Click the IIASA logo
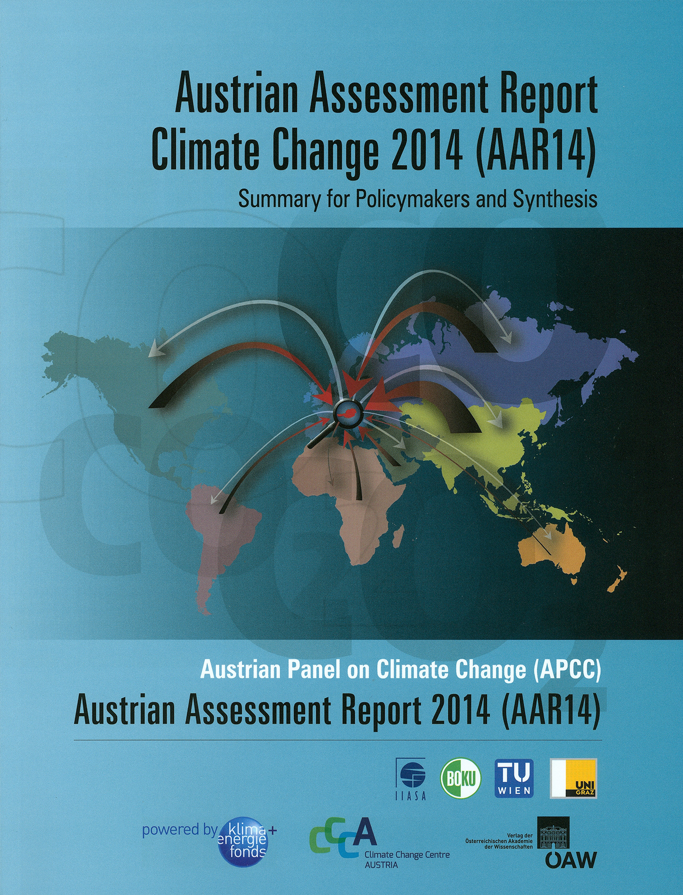[x=411, y=779]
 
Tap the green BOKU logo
[x=461, y=778]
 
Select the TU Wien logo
[x=514, y=778]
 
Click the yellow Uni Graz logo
[x=573, y=778]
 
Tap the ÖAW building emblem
[x=553, y=833]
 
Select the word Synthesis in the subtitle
[x=555, y=200]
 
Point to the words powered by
[x=180, y=830]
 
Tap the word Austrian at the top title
[x=236, y=92]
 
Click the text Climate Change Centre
[x=407, y=855]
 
